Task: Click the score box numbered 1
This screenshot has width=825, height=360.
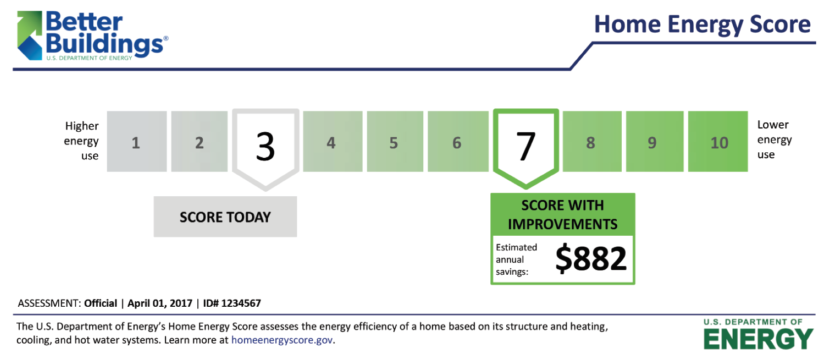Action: coord(137,142)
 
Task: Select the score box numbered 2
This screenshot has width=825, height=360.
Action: coord(199,142)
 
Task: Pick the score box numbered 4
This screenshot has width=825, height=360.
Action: coord(333,142)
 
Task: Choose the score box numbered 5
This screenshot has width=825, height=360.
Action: coord(395,142)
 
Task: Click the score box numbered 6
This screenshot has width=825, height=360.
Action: coord(458,142)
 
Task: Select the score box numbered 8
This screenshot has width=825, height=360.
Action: coord(592,142)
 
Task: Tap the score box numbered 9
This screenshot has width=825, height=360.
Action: coord(654,142)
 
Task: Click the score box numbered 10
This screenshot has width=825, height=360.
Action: coord(718,142)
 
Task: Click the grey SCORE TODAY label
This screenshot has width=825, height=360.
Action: coord(225,217)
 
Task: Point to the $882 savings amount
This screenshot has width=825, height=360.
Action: coord(591,259)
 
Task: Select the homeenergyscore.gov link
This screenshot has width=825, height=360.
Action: coord(282,340)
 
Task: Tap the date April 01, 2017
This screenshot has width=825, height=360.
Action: coord(160,304)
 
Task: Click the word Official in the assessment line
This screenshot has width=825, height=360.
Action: coord(101,303)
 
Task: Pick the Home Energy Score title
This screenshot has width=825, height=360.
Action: coord(702,25)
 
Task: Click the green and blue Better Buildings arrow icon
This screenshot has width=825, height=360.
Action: coord(30,36)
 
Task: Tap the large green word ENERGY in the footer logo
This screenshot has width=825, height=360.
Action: coord(758,339)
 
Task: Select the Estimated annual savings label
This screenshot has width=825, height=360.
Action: coord(516,259)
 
